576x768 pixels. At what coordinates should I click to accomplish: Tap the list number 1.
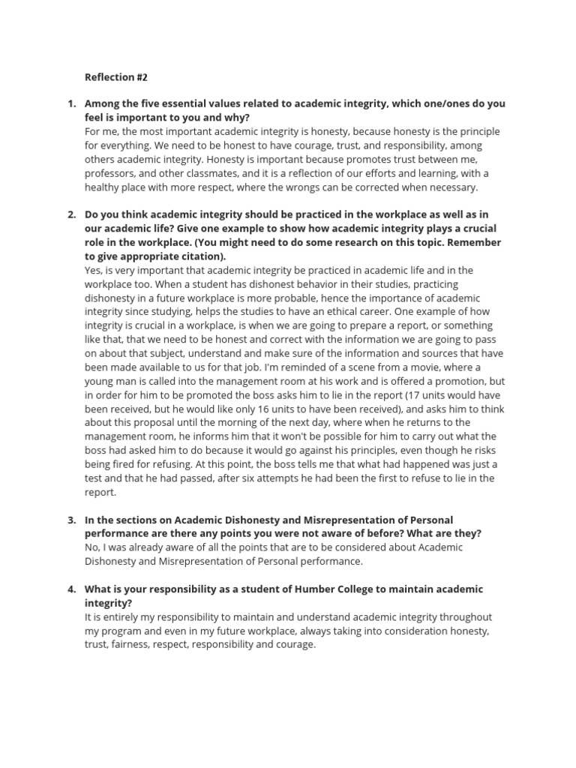[x=71, y=103]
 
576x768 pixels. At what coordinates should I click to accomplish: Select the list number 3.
[x=71, y=520]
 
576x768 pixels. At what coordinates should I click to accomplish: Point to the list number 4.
[x=71, y=589]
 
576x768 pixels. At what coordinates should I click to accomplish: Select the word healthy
[x=103, y=188]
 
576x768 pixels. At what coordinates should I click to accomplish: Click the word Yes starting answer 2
[x=94, y=271]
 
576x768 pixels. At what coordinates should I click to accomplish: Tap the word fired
[x=127, y=465]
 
